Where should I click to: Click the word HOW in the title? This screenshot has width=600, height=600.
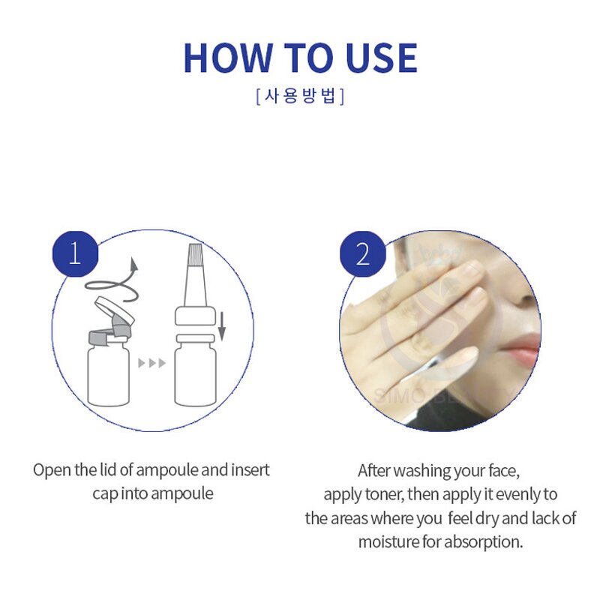point(227,58)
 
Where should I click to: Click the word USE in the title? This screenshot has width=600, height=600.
point(382,58)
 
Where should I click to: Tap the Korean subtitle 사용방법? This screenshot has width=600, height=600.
point(300,96)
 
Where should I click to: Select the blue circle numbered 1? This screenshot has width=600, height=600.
point(75,253)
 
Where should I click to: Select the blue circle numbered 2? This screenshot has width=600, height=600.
point(363,253)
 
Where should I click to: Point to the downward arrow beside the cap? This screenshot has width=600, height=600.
point(221,326)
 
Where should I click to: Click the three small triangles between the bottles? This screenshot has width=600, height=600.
point(152,363)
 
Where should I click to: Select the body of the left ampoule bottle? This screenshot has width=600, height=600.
point(108,373)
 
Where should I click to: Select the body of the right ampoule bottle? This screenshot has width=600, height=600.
point(196,373)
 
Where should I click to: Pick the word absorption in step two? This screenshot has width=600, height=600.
point(483,542)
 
